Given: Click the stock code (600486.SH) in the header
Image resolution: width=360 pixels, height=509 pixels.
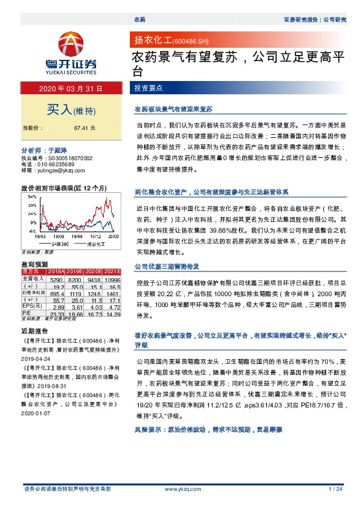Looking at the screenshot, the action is pos(190,41).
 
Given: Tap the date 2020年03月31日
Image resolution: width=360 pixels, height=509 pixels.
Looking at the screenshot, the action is pos(71,89).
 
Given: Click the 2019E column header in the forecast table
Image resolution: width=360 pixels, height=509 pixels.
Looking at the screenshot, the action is pos(76,273).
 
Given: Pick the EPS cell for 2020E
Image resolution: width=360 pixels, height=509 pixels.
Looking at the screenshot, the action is pos(94,307).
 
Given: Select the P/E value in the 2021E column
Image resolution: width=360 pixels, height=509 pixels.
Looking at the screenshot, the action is pos(113,314).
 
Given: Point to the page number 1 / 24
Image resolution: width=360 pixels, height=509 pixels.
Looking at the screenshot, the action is pos(335,488).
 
